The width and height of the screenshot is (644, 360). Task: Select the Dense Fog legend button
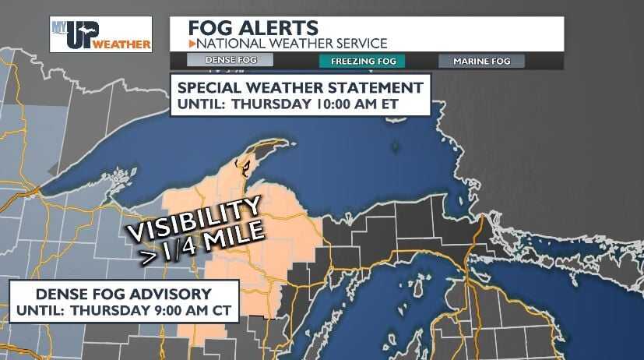231,60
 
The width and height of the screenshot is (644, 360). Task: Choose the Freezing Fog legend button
361,60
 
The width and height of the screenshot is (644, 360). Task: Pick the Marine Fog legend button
481,60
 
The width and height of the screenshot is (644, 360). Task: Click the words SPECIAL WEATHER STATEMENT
301,87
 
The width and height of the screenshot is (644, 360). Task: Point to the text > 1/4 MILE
203,243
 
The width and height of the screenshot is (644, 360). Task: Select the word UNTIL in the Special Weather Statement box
198,104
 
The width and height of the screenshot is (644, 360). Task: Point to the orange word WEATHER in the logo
121,44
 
